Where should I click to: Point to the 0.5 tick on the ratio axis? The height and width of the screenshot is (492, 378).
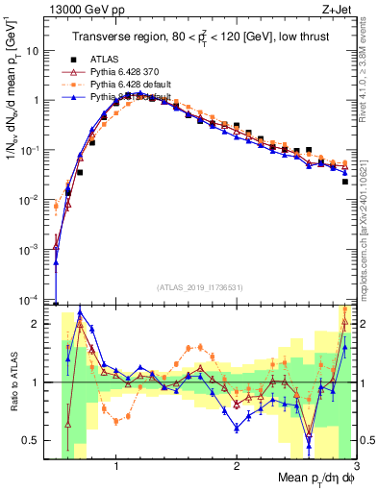pyautogui.click(x=34, y=440)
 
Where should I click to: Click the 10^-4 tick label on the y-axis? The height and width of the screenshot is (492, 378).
pyautogui.click(x=34, y=300)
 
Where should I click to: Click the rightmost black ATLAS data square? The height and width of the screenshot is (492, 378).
pyautogui.click(x=344, y=181)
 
